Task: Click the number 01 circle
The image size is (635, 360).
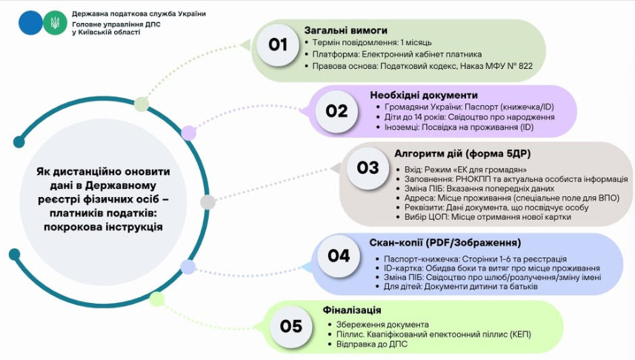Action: click(x=278, y=45)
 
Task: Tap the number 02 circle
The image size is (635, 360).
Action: click(x=337, y=111)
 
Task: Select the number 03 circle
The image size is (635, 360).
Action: click(x=368, y=167)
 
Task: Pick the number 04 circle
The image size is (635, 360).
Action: click(x=339, y=256)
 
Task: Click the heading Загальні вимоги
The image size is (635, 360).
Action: click(x=346, y=30)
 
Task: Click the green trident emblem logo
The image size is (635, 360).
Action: click(x=54, y=23)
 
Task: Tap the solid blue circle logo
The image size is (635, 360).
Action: click(x=31, y=23)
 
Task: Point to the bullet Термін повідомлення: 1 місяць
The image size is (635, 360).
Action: click(x=372, y=42)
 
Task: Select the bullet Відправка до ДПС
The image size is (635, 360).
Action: click(x=367, y=344)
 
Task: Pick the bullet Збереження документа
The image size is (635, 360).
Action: click(x=377, y=324)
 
